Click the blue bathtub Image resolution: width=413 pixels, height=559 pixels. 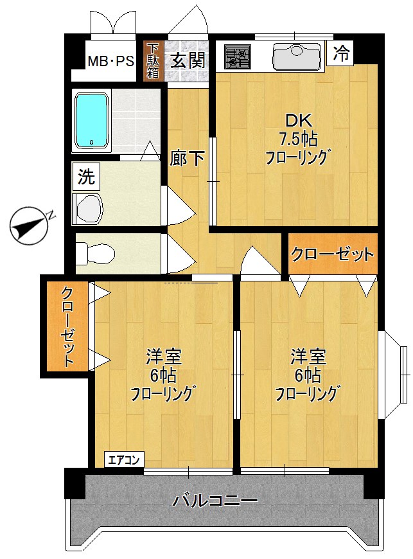click(x=92, y=120)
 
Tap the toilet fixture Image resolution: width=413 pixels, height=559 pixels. click(x=94, y=253)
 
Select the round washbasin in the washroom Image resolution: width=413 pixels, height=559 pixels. click(x=88, y=208)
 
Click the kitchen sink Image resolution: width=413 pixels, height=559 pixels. click(x=296, y=57)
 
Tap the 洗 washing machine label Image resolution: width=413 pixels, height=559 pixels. click(x=86, y=176)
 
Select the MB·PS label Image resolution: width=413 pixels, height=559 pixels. click(x=110, y=62)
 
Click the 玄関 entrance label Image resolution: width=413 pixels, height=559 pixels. click(x=188, y=61)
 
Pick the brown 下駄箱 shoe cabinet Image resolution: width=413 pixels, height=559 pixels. click(x=153, y=61)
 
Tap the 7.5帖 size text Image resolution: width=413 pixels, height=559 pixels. click(x=298, y=138)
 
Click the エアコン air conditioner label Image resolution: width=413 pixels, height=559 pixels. click(x=125, y=460)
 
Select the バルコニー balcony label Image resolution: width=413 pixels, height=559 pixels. click(x=215, y=501)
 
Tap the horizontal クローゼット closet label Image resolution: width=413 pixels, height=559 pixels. click(x=331, y=254)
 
